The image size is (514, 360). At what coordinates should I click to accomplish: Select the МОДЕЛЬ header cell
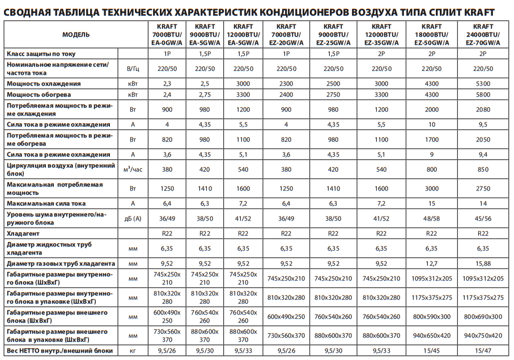point(76,35)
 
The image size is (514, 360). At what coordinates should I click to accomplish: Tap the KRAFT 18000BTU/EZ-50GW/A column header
point(432,35)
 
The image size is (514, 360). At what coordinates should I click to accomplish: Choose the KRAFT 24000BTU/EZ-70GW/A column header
point(483,35)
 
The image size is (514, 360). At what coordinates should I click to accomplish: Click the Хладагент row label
point(23,234)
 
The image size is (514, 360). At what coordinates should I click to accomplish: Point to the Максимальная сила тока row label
point(46,204)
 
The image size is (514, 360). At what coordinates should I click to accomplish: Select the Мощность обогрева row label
point(39,95)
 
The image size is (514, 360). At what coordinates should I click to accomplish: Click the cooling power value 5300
point(483,83)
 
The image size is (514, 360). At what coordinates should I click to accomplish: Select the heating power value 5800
point(483,95)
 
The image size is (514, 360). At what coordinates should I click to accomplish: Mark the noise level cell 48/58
point(432,218)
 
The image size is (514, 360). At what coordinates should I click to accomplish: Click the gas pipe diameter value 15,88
point(483,264)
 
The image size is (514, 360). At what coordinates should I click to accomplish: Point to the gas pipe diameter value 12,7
point(432,264)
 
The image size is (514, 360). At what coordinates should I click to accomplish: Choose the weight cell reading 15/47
point(483,351)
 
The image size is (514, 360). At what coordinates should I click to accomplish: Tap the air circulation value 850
point(483,169)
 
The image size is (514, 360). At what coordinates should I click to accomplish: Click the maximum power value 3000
point(432,189)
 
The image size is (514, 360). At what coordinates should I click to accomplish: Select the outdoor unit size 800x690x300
point(483,316)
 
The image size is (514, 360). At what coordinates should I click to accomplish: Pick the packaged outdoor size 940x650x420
point(432,336)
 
